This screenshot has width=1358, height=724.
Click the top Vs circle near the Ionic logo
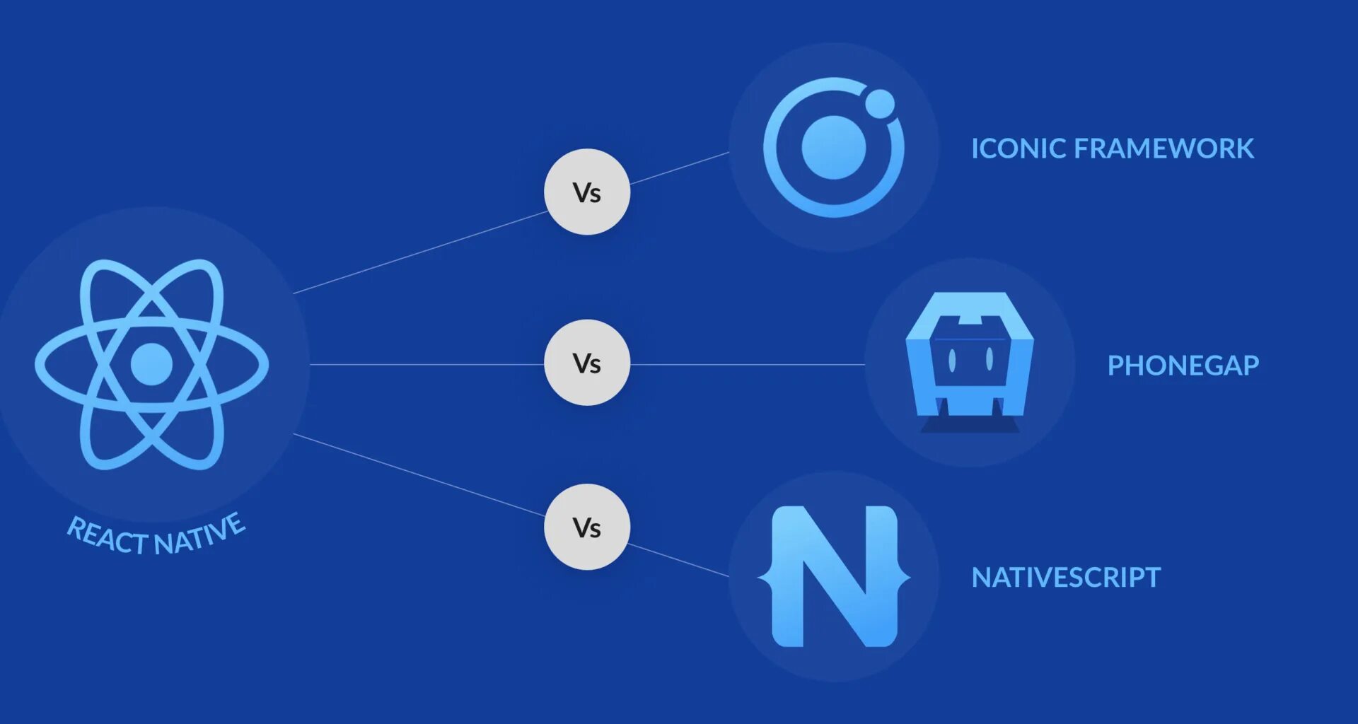(x=586, y=192)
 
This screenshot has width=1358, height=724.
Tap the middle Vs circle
(x=586, y=363)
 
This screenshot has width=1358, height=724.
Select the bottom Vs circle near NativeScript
(x=586, y=527)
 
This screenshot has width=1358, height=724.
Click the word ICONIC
(x=1018, y=148)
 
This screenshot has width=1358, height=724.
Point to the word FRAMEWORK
(x=1163, y=148)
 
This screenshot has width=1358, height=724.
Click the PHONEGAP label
(x=1183, y=366)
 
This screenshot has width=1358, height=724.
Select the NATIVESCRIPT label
(x=1066, y=578)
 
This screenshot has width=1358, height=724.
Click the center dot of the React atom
(x=151, y=364)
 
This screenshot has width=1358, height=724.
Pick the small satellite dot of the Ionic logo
(x=880, y=104)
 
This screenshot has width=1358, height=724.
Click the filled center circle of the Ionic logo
(x=833, y=148)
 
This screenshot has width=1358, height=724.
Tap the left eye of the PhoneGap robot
(x=952, y=361)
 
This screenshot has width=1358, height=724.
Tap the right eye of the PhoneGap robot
(x=989, y=360)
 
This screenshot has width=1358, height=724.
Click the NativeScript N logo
(x=834, y=576)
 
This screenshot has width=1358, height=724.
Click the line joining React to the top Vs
(x=421, y=252)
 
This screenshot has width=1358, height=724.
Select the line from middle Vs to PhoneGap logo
(x=746, y=365)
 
